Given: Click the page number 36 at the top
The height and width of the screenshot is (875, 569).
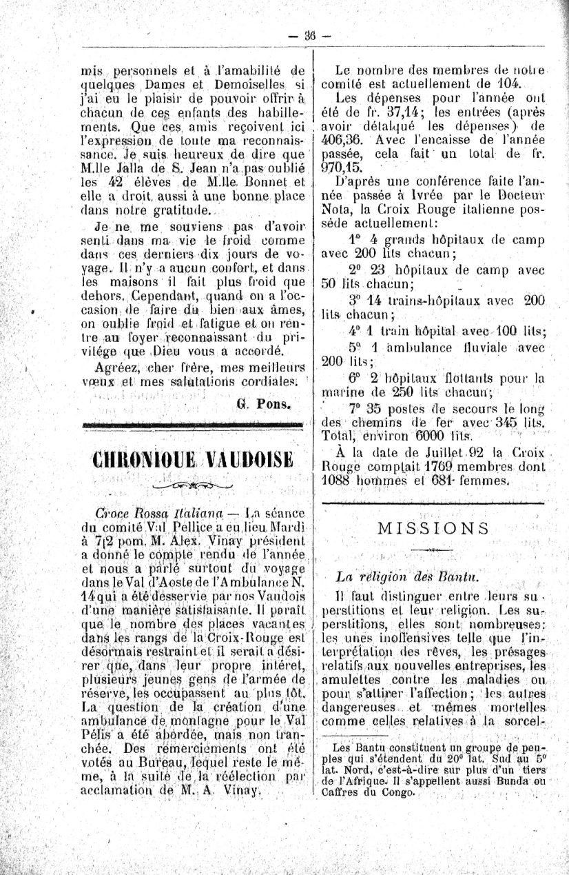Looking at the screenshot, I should (x=310, y=37).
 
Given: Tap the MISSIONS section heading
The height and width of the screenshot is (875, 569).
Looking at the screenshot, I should (x=434, y=528).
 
